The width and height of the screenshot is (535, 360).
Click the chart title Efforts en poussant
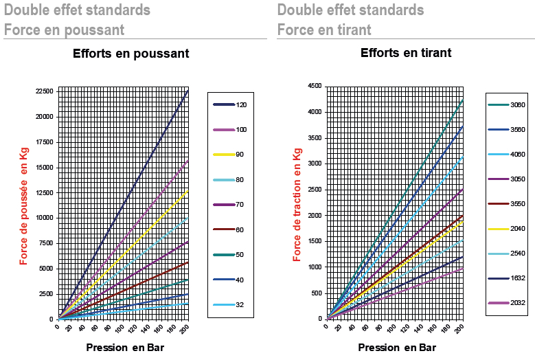click(x=130, y=54)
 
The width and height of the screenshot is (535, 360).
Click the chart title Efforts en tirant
click(x=406, y=52)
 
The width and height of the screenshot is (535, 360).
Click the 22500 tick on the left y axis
click(x=45, y=91)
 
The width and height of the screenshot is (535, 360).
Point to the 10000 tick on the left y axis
click(x=45, y=218)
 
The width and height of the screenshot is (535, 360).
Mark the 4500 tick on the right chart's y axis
click(x=315, y=86)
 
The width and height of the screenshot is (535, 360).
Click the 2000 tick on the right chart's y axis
click(x=315, y=215)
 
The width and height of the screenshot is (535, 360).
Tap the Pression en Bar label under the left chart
click(x=125, y=347)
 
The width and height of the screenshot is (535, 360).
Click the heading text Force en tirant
click(x=324, y=30)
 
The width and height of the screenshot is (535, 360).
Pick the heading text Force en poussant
click(x=64, y=30)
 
